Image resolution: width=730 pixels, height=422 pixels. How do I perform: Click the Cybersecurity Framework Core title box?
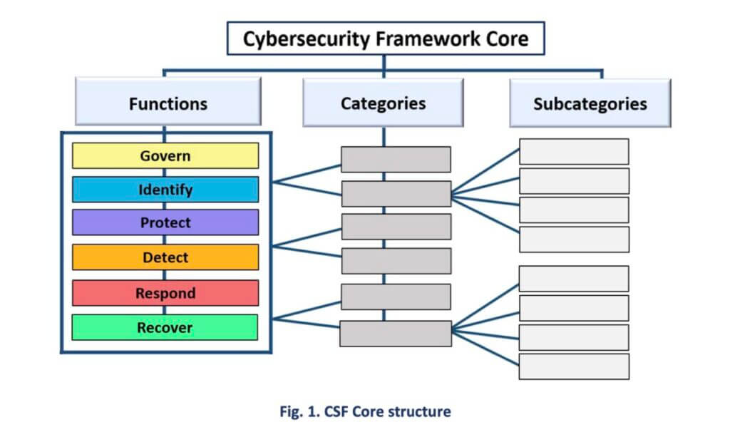click(x=385, y=38)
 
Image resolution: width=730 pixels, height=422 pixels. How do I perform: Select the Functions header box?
click(x=168, y=103)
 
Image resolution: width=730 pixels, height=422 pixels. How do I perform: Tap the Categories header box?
click(x=383, y=103)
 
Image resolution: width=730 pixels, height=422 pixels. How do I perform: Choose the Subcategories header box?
click(x=590, y=103)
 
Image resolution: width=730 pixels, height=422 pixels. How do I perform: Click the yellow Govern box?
click(x=165, y=155)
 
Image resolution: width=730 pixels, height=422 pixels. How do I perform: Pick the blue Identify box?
click(x=165, y=190)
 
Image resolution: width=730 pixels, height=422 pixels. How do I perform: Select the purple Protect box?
click(x=165, y=222)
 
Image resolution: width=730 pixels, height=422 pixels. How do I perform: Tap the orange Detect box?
click(x=165, y=257)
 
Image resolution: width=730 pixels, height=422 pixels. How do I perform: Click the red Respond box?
click(x=165, y=293)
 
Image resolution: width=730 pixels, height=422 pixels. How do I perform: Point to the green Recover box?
click(x=165, y=327)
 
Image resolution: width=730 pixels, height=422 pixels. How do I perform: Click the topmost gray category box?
click(x=396, y=160)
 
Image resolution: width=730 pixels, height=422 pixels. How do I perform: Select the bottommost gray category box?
click(x=396, y=334)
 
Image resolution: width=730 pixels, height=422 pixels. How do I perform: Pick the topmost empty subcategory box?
click(x=574, y=152)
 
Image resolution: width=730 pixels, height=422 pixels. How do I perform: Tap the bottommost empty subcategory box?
click(x=574, y=366)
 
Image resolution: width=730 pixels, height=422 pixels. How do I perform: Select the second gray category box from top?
click(x=396, y=193)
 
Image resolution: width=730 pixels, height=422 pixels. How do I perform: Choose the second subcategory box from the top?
click(x=574, y=181)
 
